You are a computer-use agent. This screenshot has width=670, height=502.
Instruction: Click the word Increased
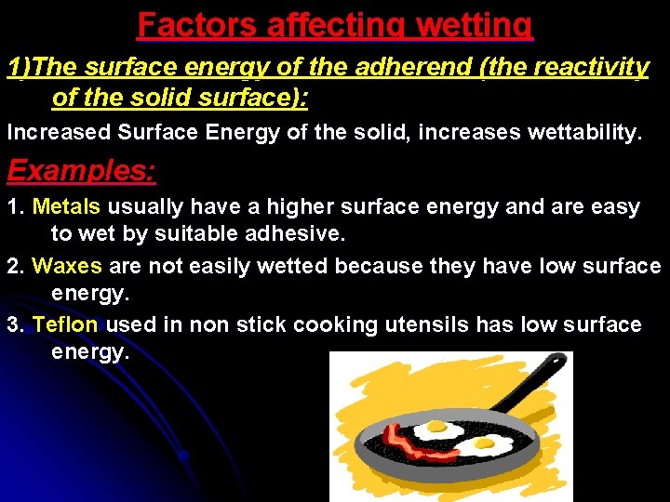pyautogui.click(x=58, y=132)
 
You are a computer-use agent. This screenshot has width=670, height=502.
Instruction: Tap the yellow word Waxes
pyautogui.click(x=67, y=266)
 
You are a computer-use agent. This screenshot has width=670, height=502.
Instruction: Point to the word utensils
pyautogui.click(x=427, y=324)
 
